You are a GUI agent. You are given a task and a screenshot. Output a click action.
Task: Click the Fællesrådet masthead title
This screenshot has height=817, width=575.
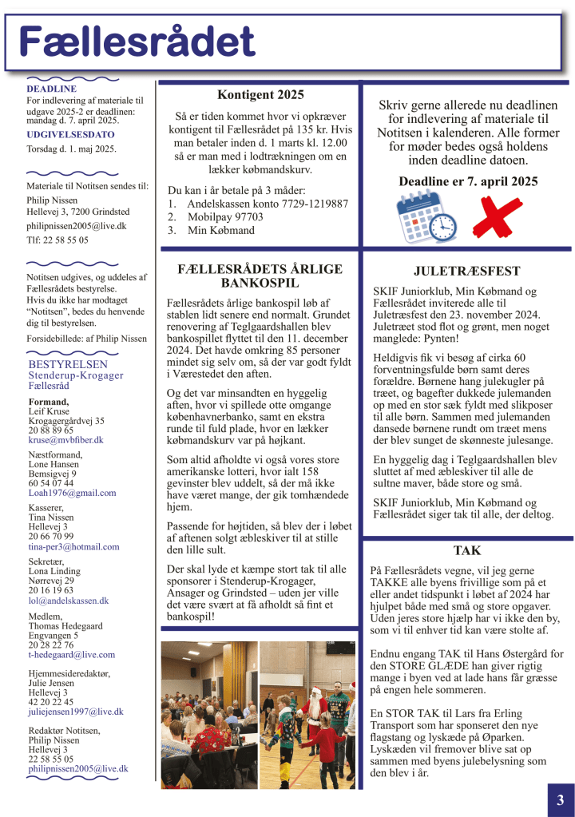click(x=137, y=40)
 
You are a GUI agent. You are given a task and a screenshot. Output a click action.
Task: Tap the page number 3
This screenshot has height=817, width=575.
click(x=560, y=800)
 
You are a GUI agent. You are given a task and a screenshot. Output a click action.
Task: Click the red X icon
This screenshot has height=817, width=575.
click(x=498, y=217)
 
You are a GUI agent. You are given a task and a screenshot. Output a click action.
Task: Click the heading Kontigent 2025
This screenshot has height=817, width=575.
click(x=260, y=95)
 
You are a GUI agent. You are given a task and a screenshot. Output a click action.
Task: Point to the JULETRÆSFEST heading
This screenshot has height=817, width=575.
click(x=466, y=271)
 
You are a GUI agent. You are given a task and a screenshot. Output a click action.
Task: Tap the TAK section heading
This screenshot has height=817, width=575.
click(x=466, y=551)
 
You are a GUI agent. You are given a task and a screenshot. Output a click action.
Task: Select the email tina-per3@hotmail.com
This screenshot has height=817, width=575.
click(x=73, y=547)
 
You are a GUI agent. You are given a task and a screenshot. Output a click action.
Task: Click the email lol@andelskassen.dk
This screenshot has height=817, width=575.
click(x=68, y=601)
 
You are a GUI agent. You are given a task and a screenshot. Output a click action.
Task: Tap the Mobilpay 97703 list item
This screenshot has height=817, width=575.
click(x=227, y=217)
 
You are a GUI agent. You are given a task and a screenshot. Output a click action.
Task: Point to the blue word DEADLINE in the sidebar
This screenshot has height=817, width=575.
click(x=52, y=89)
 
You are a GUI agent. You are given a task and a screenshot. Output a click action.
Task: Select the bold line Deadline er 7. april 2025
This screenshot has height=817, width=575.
click(x=468, y=181)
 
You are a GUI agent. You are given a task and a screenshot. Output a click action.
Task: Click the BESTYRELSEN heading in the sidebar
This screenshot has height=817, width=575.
click(x=61, y=364)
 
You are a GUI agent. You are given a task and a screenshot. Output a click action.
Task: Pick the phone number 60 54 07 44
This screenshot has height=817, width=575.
click(x=51, y=483)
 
